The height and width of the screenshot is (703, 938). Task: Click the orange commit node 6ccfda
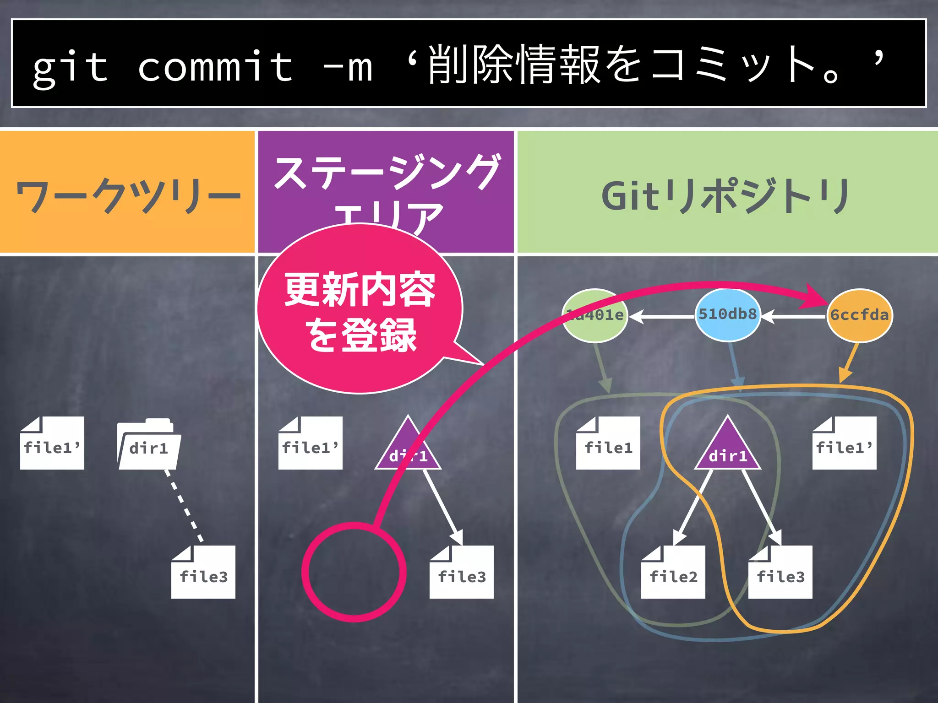[x=859, y=315]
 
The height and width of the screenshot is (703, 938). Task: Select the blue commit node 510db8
[x=727, y=315]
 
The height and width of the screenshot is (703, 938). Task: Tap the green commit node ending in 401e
[x=594, y=315]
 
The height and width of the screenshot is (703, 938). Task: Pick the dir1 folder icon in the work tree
[x=148, y=445]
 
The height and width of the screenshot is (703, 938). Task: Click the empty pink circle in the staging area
[x=354, y=572]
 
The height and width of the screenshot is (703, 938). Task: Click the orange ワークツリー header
[x=127, y=192]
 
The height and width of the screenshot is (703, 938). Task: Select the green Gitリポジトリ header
[x=727, y=192]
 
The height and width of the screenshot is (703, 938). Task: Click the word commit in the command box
[x=215, y=67]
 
